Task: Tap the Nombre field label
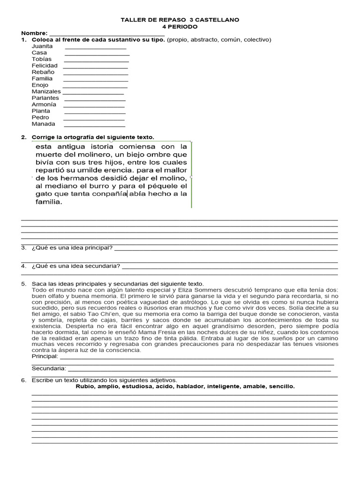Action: coord(34,33)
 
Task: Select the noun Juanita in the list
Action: coord(42,46)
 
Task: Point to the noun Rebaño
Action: coord(43,72)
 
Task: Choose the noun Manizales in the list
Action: coord(46,91)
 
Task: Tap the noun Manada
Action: coord(43,124)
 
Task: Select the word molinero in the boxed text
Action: coord(89,154)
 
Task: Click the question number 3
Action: coord(23,247)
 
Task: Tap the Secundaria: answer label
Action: coord(49,368)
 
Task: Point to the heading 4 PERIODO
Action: coord(180,27)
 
